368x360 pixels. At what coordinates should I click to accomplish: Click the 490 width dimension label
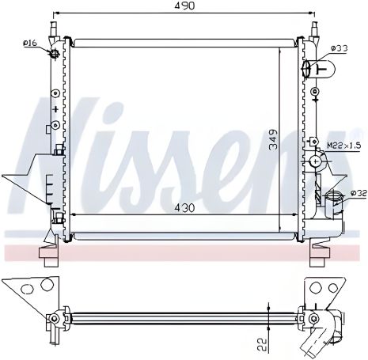point(184,6)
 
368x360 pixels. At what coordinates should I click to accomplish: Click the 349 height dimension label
point(274,140)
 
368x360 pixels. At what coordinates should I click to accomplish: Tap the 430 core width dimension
point(184,208)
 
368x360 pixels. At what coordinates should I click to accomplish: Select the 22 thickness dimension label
point(262,344)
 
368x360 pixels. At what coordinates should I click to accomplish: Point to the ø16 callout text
point(30,43)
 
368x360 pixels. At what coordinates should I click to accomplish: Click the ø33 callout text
point(340,48)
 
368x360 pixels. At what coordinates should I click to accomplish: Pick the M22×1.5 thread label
point(343,145)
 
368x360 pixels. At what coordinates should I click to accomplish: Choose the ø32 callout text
point(359,193)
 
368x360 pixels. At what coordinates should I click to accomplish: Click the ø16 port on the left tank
point(55,54)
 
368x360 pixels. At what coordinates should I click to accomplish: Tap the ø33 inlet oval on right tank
point(305,69)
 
